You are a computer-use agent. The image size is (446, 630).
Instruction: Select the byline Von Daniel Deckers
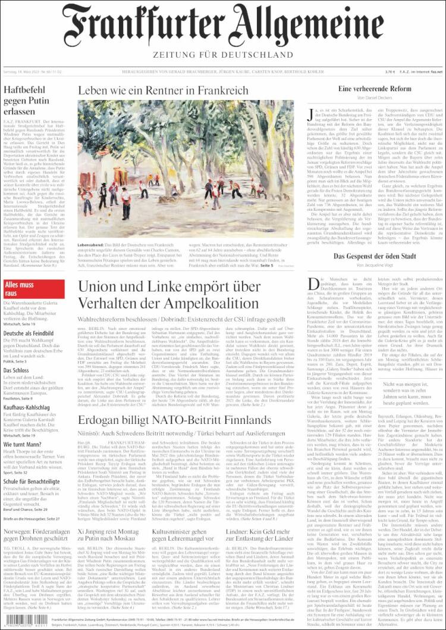[x=376, y=97]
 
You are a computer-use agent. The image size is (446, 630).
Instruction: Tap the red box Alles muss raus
[x=21, y=289]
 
